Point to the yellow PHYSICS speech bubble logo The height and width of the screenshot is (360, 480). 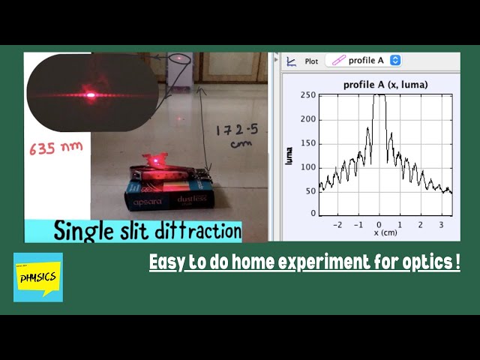coord(38,277)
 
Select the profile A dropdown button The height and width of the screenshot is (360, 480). coord(364,60)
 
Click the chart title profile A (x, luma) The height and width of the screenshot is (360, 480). coord(385,85)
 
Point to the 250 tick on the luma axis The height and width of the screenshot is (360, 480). coord(307,95)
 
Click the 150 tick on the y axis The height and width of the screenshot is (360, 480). coord(307,142)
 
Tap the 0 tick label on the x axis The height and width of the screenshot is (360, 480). coord(379,224)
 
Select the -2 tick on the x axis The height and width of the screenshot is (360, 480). coord(337,224)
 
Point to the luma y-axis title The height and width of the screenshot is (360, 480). coord(289,154)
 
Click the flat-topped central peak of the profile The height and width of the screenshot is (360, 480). coord(379,96)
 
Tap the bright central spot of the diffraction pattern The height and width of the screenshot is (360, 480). coord(90,94)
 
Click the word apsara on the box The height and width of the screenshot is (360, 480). coord(148,202)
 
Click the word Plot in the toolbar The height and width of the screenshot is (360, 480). coord(311,61)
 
